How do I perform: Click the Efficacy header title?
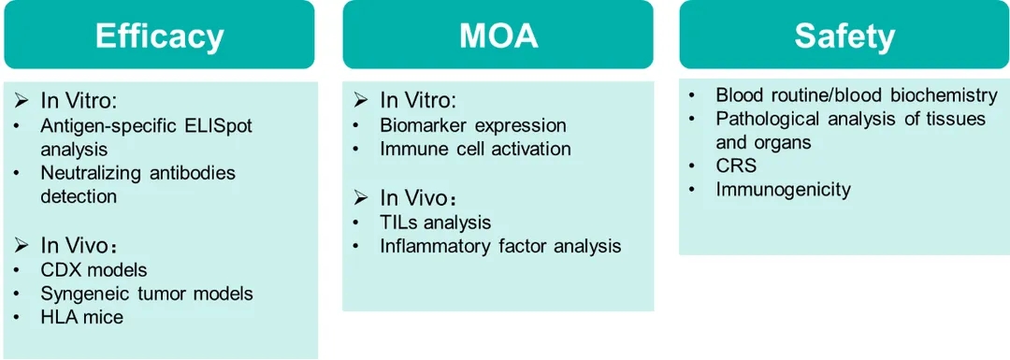coord(159,36)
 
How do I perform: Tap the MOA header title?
coord(498,36)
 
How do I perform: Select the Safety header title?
coord(844,36)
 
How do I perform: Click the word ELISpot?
coord(217,125)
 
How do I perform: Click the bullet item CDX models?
coord(94,269)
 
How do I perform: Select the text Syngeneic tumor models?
coord(147,294)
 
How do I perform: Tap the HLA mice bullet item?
coord(81,317)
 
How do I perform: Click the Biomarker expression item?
coord(473,125)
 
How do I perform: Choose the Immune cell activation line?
coord(475,149)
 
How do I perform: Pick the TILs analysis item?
coord(436,223)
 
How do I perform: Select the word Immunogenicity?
coord(784,189)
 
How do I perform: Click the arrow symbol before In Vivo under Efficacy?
coord(23,246)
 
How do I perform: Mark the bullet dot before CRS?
coord(691,166)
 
